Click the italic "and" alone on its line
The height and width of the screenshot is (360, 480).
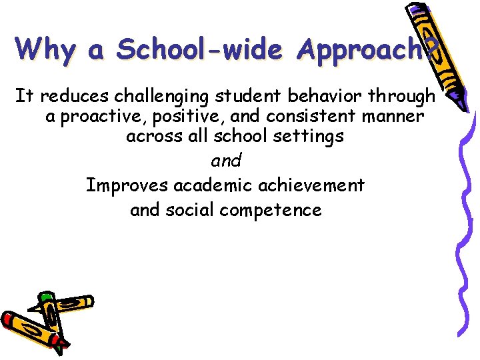(225, 161)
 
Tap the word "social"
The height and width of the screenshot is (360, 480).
(188, 211)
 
